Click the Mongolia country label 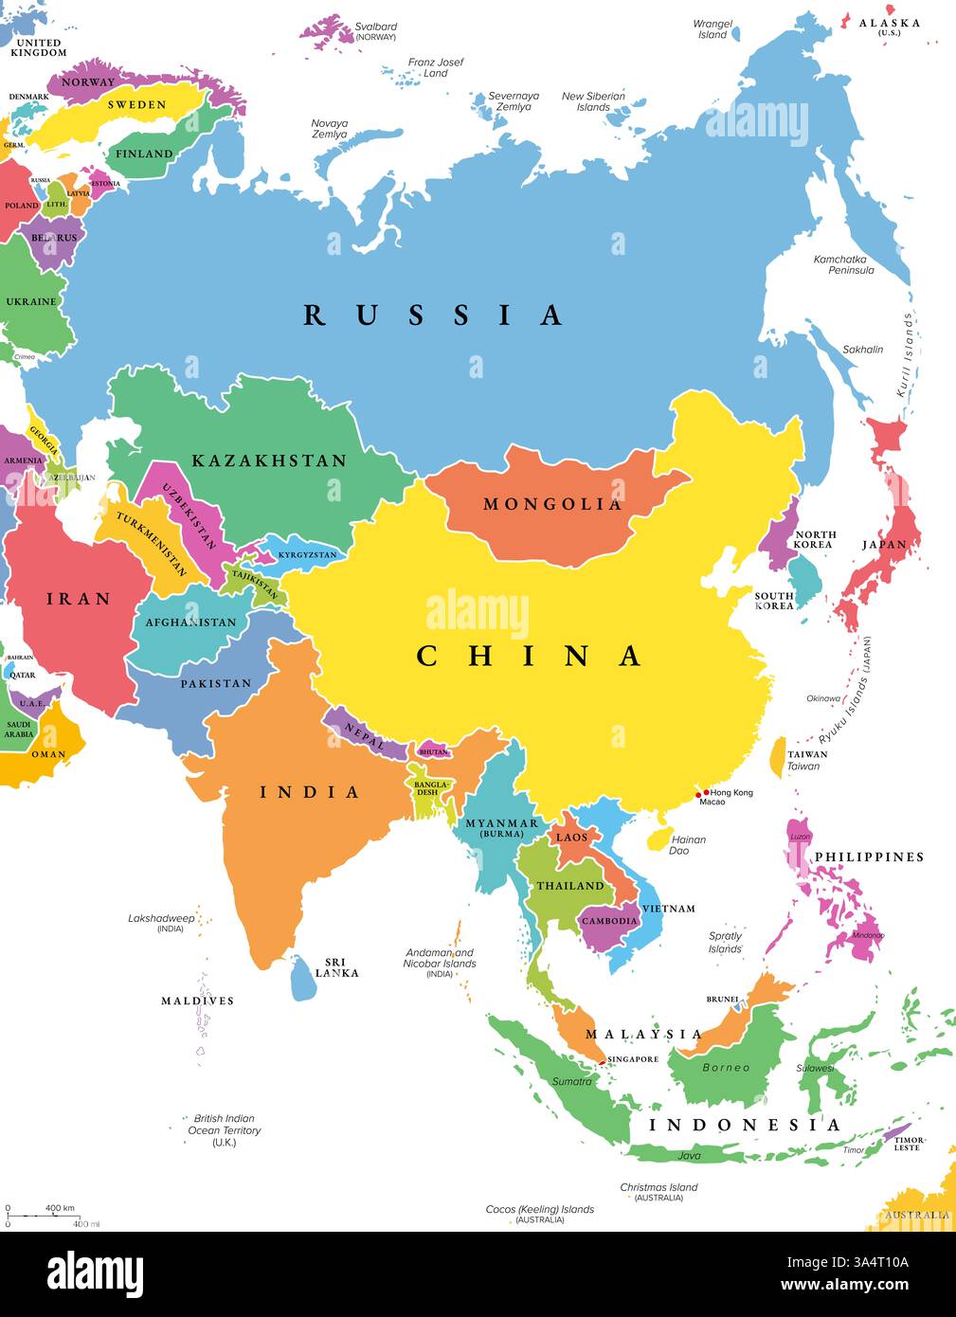[x=552, y=504]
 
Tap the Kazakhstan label [x=269, y=460]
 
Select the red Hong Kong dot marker [x=706, y=792]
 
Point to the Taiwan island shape [x=778, y=757]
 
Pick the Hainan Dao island [x=655, y=839]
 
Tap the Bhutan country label [x=433, y=752]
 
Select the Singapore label [x=633, y=1059]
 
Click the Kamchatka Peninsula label [x=843, y=264]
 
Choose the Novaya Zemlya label [x=330, y=129]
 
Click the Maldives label [x=197, y=1001]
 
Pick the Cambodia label [x=609, y=921]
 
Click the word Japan [x=884, y=545]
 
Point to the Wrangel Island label [x=712, y=28]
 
